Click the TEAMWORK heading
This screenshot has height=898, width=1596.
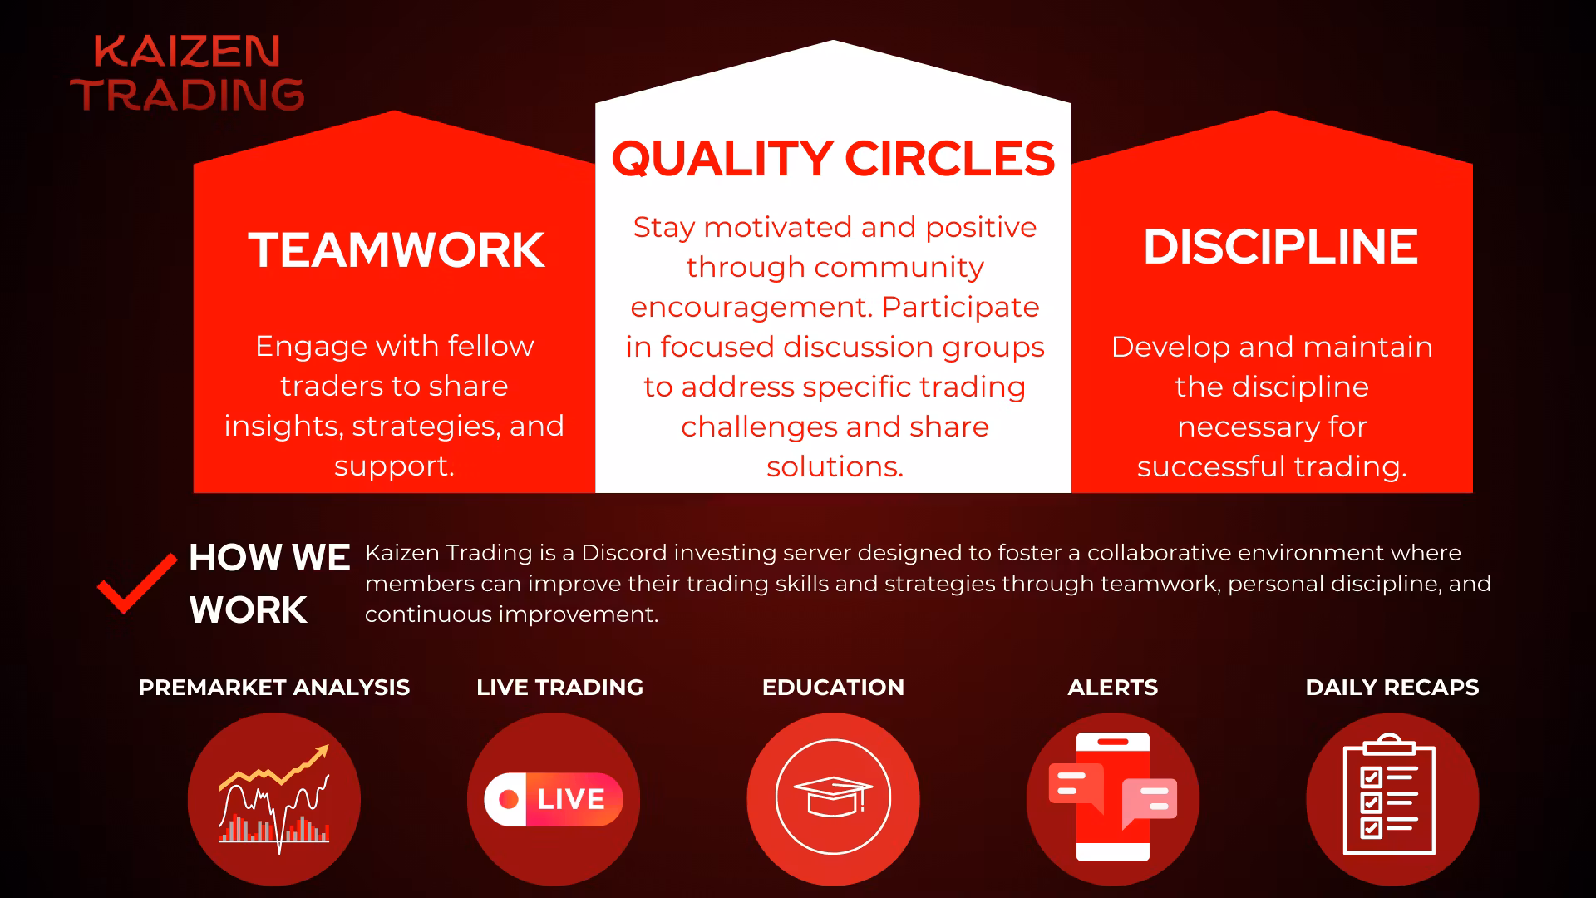pos(397,249)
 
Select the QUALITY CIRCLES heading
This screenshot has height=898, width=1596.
pos(833,158)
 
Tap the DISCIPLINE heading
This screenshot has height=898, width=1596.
pos(1280,247)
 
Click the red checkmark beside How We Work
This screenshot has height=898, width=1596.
pos(137,583)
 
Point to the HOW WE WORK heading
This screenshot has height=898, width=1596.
pos(269,584)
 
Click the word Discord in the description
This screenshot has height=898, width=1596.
pos(624,553)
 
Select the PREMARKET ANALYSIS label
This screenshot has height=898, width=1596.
pos(274,688)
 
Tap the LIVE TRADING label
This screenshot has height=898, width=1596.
pos(560,688)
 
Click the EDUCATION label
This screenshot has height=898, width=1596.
pos(833,688)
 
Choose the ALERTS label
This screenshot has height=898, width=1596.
pos(1113,688)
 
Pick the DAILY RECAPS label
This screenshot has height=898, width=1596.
pos(1392,688)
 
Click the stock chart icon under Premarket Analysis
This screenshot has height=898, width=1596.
pos(274,799)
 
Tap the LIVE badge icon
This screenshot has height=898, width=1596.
pos(554,799)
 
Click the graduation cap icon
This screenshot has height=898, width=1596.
pos(833,797)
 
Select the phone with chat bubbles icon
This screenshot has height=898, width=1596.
pos(1113,797)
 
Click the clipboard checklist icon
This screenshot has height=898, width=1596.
pos(1389,794)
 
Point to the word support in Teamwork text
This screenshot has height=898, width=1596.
pos(394,466)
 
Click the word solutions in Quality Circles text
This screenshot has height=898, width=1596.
pos(835,466)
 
